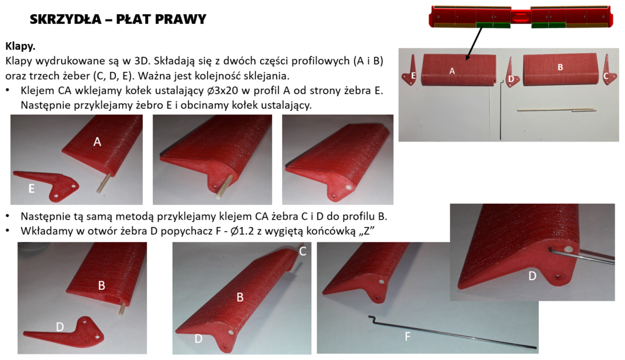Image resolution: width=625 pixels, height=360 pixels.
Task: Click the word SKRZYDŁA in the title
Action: pyautogui.click(x=65, y=19)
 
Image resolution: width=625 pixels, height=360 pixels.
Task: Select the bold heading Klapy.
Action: pyautogui.click(x=20, y=46)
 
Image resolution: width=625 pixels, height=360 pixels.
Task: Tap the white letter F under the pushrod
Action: pyautogui.click(x=407, y=337)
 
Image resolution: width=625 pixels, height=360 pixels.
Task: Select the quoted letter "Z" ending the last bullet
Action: pyautogui.click(x=367, y=231)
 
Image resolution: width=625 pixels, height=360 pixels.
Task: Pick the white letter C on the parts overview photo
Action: pyautogui.click(x=606, y=76)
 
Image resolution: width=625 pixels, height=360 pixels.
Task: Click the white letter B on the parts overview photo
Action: pyautogui.click(x=560, y=67)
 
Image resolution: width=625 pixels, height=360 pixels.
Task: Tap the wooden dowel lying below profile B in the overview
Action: pyautogui.click(x=557, y=110)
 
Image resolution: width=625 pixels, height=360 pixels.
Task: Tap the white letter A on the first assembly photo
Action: pyautogui.click(x=97, y=142)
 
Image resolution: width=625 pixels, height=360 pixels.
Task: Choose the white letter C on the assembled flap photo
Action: pyautogui.click(x=303, y=251)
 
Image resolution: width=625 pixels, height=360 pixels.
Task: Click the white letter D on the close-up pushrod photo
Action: pyautogui.click(x=532, y=276)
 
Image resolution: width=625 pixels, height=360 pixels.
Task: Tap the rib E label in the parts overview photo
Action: pyautogui.click(x=413, y=76)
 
